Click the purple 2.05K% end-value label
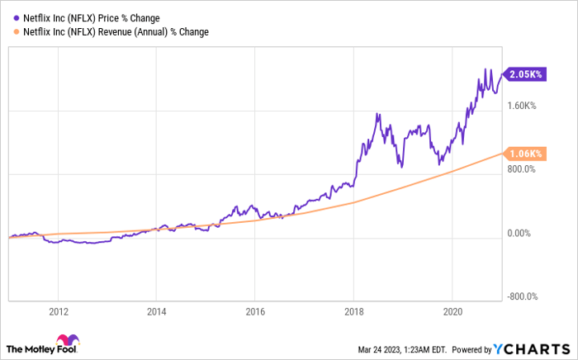point(525,74)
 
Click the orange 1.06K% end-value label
point(525,154)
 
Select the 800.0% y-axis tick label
point(522,169)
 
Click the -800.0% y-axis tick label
point(522,297)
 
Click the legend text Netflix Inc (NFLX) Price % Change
point(92,17)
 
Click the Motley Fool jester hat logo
point(66,342)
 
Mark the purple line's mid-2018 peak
point(377,113)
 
